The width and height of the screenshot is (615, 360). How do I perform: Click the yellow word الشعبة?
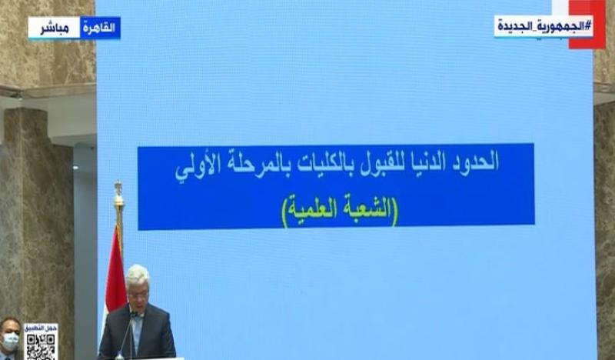coord(365,208)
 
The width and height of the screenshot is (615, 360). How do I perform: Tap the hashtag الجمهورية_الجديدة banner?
coord(544,26)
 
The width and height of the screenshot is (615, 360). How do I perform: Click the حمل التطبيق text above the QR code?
coord(41,328)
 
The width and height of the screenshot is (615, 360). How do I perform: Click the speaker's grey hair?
coord(138,272)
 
